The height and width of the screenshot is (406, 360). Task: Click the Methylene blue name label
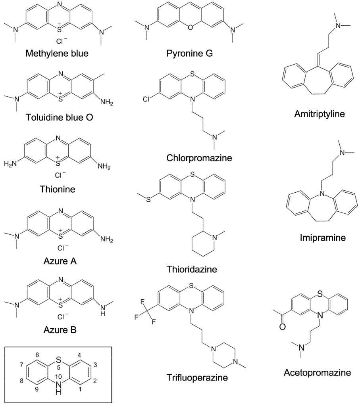pyautogui.click(x=56, y=53)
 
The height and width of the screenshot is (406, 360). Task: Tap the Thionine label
pyautogui.click(x=58, y=189)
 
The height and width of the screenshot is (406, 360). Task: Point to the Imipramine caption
pyautogui.click(x=323, y=238)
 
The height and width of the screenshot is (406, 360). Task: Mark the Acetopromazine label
pyautogui.click(x=318, y=373)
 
